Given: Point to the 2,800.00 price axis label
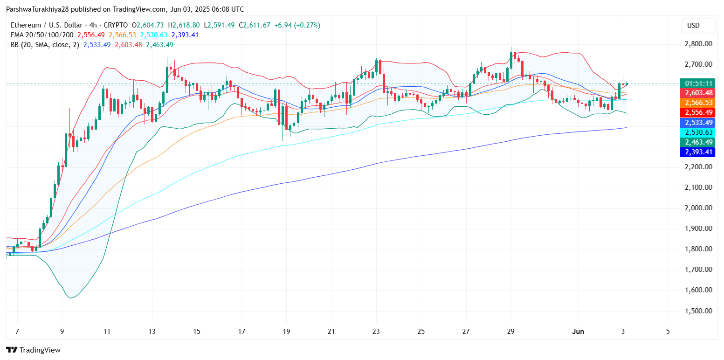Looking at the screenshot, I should point(698,44).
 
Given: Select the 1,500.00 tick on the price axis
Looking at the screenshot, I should point(698,311).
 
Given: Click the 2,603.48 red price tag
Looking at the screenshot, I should point(698,93).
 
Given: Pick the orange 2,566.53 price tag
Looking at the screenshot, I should point(698,103).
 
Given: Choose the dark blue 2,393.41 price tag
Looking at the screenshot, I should point(698,152).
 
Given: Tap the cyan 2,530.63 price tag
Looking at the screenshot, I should point(698,132).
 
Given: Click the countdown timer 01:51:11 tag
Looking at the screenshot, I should point(698,83).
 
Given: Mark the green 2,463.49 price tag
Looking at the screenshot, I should point(698,142).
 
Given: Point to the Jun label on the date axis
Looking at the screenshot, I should point(578,332).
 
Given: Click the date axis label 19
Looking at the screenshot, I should point(286,332).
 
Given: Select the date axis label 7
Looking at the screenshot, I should point(17,332).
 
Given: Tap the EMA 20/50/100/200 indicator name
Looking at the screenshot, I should point(41,35).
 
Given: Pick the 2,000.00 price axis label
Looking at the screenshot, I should point(698,208).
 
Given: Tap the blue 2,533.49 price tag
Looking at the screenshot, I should point(698,123).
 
